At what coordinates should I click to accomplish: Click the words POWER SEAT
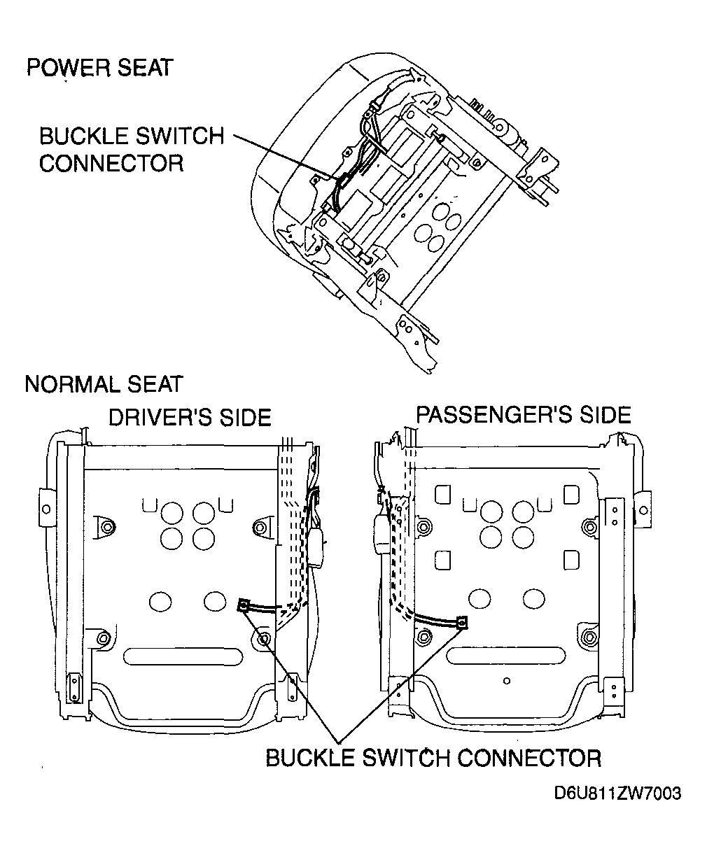click(99, 68)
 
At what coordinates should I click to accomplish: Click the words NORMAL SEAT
click(104, 384)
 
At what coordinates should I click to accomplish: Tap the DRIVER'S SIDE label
click(189, 418)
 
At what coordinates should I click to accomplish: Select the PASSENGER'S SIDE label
click(524, 415)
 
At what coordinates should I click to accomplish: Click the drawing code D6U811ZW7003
click(617, 794)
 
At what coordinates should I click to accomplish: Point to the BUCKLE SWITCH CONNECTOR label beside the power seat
click(131, 149)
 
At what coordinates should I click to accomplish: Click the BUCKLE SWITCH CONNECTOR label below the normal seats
click(433, 758)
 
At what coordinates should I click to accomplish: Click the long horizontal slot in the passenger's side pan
click(506, 656)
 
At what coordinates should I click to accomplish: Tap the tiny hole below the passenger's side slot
click(507, 680)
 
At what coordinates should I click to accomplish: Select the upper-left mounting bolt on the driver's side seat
click(106, 526)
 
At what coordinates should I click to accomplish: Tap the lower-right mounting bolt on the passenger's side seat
click(589, 637)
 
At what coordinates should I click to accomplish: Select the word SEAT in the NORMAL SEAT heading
click(155, 384)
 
